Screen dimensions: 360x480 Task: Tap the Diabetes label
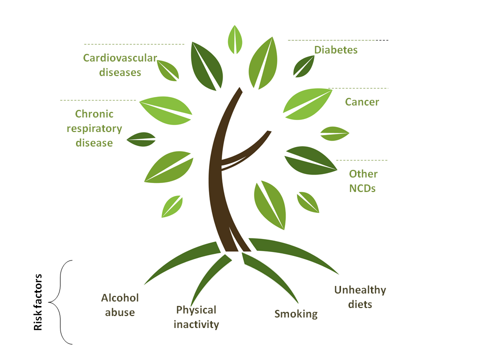point(335,50)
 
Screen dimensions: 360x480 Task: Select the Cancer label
point(362,102)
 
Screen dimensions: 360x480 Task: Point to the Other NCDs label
point(363,181)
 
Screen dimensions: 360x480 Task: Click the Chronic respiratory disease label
point(94,128)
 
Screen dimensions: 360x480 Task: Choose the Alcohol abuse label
point(120,305)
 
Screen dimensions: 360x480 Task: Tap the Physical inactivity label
point(196,317)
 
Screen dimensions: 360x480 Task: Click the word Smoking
point(296,314)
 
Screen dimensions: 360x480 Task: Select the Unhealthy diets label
point(360,296)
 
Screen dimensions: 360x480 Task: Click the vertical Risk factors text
point(38,302)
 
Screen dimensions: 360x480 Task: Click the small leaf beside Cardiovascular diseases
point(168,70)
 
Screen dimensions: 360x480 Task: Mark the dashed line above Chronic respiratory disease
point(97,100)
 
